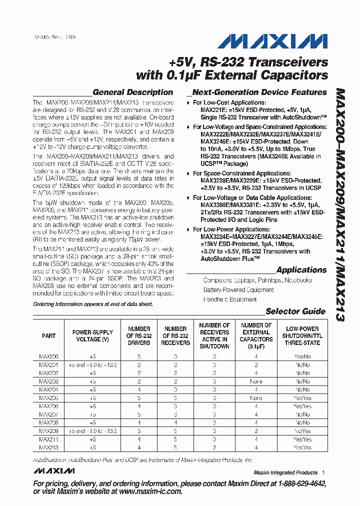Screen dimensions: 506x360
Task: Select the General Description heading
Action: (x=133, y=92)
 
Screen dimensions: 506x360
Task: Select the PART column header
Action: (x=48, y=336)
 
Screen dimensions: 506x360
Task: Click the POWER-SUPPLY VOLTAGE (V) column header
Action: (x=92, y=336)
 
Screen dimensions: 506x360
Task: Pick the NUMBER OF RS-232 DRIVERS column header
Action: (x=139, y=336)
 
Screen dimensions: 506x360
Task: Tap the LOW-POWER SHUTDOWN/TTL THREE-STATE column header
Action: (x=303, y=336)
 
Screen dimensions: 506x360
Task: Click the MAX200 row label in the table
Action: (x=48, y=357)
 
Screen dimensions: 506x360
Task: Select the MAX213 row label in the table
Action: (x=48, y=447)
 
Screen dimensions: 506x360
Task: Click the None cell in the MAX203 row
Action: (x=255, y=381)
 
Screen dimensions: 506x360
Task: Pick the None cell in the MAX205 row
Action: (x=255, y=398)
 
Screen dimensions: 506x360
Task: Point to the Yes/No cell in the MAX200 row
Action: (x=303, y=357)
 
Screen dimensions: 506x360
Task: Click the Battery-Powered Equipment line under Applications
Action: (x=238, y=290)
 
